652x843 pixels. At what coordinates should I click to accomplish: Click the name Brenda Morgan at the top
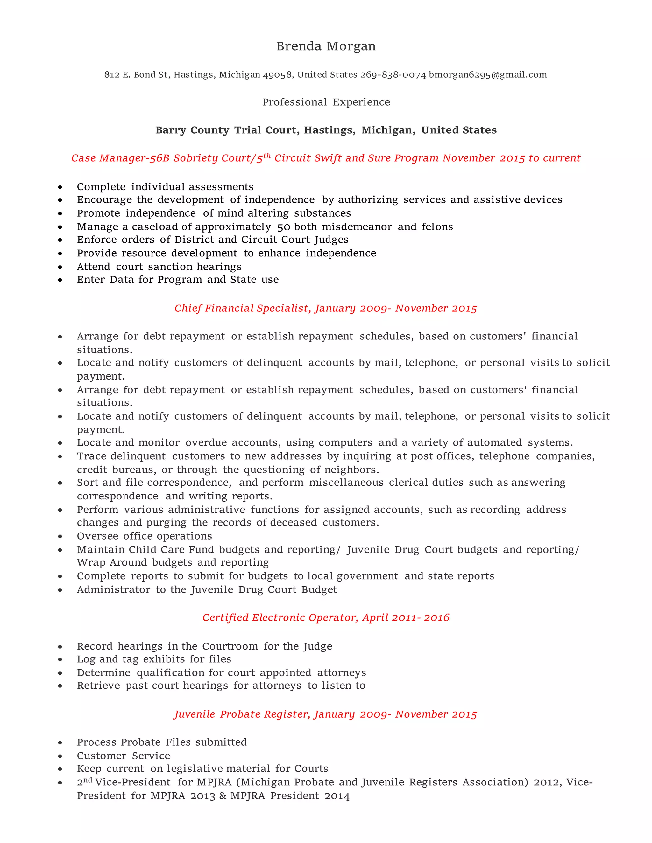326,46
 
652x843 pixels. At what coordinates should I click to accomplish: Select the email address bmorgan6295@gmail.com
488,75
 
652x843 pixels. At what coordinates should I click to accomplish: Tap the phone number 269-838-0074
393,75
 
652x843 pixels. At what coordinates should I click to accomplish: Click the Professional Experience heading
326,102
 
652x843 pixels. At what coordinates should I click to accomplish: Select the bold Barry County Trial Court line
326,130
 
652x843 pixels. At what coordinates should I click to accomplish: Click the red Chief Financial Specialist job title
326,308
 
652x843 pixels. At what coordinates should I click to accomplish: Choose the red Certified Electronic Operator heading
326,617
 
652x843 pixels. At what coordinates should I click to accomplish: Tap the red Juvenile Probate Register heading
326,714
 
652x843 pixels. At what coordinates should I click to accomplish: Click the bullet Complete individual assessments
165,187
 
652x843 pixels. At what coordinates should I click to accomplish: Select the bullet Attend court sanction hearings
159,267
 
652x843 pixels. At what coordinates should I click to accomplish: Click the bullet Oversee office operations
145,536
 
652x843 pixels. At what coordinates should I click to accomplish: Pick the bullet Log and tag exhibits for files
154,659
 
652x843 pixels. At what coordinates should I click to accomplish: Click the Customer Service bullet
123,756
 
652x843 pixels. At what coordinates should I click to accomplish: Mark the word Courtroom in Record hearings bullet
230,646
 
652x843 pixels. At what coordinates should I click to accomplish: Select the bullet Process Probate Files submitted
161,742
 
